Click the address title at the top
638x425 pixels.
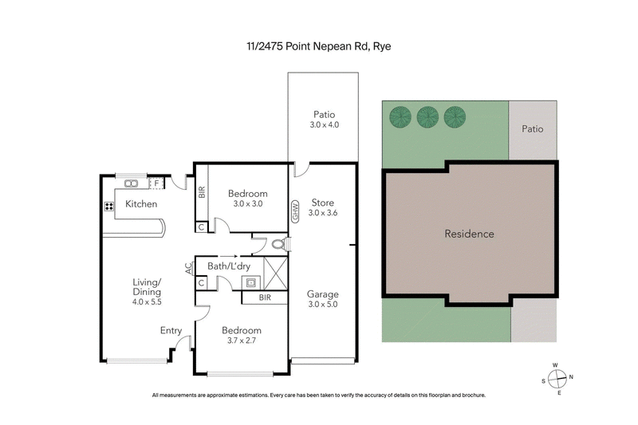[x=318, y=46]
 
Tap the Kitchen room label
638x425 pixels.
[x=141, y=205]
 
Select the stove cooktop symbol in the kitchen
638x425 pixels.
[x=108, y=207]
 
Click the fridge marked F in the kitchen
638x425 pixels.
[x=156, y=183]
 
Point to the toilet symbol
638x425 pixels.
[x=277, y=245]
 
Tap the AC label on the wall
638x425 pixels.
[x=189, y=269]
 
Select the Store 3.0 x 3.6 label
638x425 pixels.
[x=323, y=207]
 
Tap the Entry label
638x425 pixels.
[x=171, y=331]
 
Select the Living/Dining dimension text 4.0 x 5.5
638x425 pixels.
[x=146, y=301]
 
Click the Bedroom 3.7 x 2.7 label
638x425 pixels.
[x=240, y=335]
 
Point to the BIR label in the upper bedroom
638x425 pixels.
[x=202, y=192]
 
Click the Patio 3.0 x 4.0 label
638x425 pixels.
[x=323, y=119]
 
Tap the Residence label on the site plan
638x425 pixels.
[x=469, y=234]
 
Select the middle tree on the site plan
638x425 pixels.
[x=427, y=117]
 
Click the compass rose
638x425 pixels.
[x=558, y=378]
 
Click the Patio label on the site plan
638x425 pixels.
[x=533, y=128]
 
